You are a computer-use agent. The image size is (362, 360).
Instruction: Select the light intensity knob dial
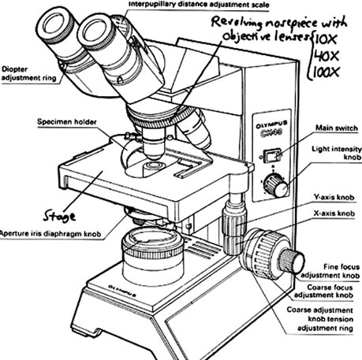274,185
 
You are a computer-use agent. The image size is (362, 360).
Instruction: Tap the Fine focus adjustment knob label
330,272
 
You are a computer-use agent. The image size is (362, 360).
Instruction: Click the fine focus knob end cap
293,260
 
